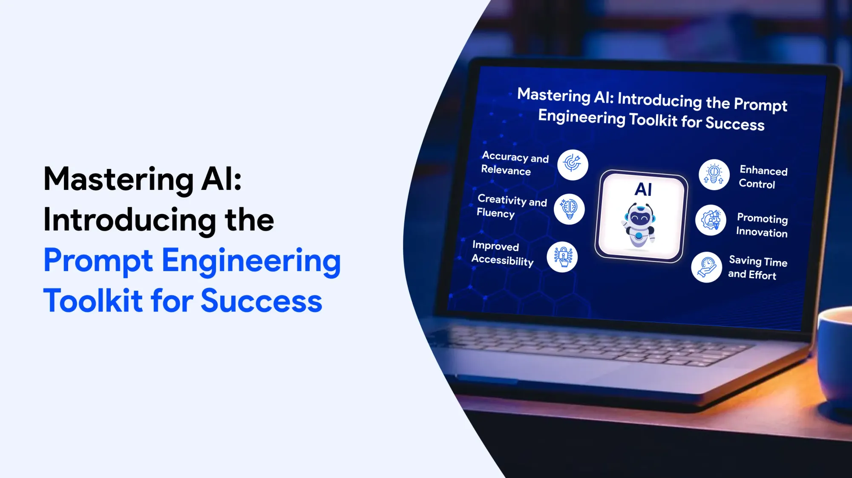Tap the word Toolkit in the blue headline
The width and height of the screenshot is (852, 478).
93,301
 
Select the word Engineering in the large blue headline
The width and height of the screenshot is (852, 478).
251,261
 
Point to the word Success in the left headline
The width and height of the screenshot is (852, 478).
261,301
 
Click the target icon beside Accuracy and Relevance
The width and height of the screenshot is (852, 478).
573,165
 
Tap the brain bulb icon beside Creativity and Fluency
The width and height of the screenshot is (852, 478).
569,209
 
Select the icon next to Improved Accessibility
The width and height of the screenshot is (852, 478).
562,257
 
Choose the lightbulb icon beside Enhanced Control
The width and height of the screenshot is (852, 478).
714,175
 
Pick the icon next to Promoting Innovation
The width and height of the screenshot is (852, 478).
711,220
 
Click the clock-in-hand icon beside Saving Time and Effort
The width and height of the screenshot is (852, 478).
706,267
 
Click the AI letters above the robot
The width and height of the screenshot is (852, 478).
643,189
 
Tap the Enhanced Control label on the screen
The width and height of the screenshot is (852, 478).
763,177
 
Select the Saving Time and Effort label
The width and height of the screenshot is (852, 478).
757,268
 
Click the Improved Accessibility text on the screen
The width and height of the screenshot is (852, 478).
503,254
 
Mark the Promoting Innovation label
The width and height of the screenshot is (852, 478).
762,225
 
